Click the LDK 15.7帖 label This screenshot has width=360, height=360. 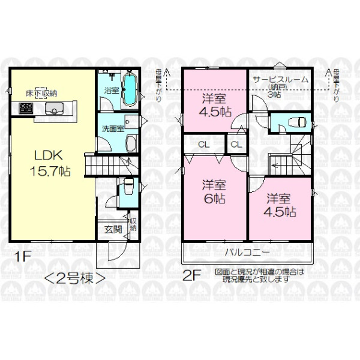(x=49, y=162)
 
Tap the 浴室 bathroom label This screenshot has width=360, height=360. (x=111, y=91)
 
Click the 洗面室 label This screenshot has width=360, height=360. (x=112, y=128)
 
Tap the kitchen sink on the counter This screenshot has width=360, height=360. (x=53, y=109)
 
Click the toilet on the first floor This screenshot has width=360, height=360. (x=127, y=190)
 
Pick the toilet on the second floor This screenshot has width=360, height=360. (x=296, y=122)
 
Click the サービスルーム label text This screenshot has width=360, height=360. (x=280, y=79)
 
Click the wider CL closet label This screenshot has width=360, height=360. (x=204, y=144)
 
